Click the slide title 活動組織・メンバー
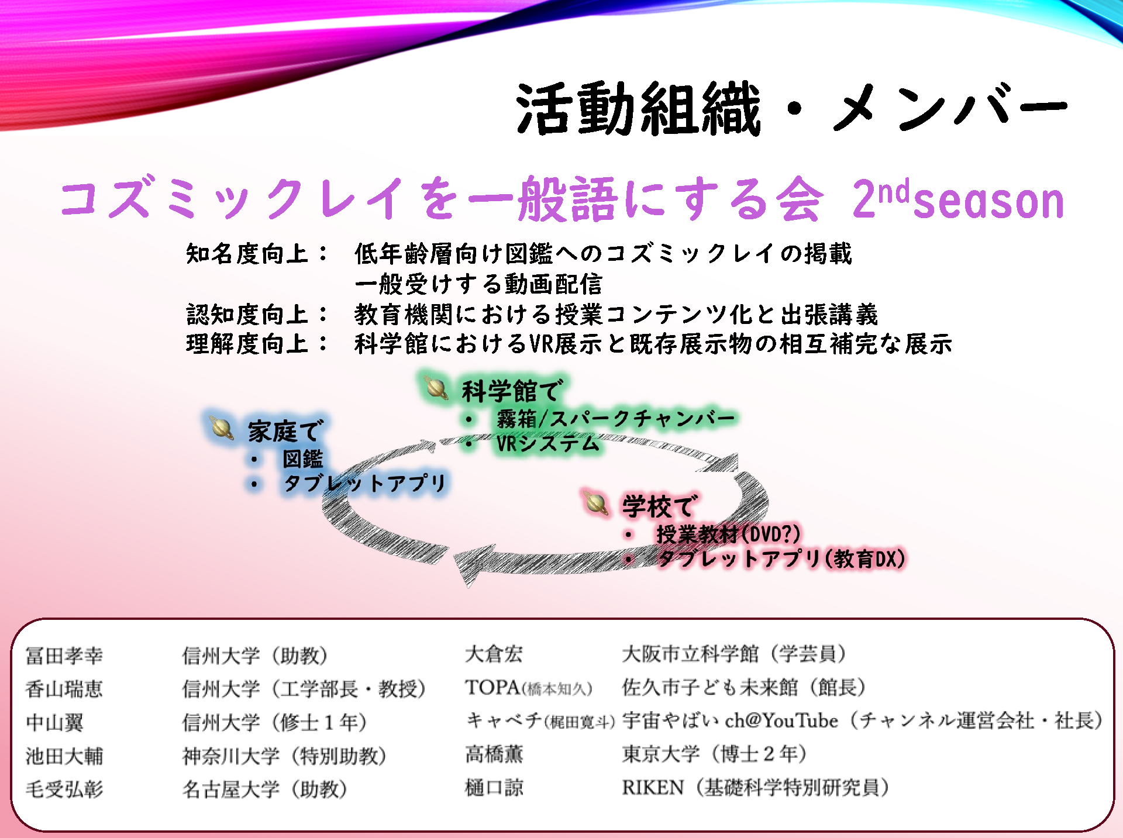(x=791, y=108)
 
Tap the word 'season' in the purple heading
(x=988, y=201)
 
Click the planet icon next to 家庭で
(x=222, y=428)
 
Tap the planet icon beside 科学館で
(x=436, y=387)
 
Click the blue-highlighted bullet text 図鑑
(x=303, y=459)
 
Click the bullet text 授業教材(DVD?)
(x=728, y=534)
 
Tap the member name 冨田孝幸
(x=64, y=656)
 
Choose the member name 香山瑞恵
(x=64, y=689)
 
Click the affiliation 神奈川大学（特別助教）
(x=285, y=756)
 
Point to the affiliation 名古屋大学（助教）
(x=265, y=789)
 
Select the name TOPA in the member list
(x=492, y=687)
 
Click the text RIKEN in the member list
(x=653, y=788)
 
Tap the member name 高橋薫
(x=494, y=754)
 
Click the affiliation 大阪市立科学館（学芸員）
(x=734, y=654)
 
